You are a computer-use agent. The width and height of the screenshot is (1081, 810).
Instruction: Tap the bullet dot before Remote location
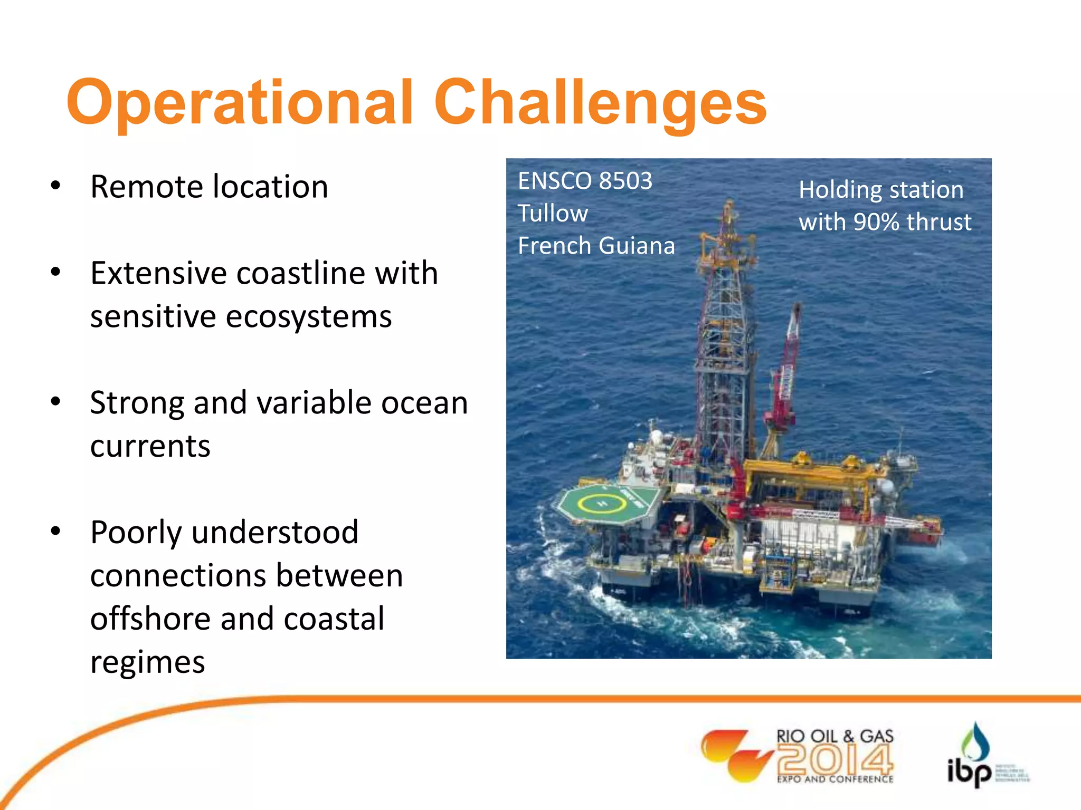[55, 186]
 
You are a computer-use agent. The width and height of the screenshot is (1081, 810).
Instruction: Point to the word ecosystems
[308, 316]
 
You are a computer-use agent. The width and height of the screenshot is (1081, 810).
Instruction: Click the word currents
[150, 446]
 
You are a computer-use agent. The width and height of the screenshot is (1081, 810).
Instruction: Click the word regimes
[147, 662]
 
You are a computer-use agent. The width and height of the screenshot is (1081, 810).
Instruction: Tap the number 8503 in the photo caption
[625, 181]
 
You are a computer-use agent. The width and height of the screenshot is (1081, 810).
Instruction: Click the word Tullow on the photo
[553, 214]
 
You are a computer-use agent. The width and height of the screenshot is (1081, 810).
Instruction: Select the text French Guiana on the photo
[596, 246]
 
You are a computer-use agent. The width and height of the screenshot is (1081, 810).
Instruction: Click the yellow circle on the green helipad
[602, 504]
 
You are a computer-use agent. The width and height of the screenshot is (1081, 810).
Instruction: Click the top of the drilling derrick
[729, 208]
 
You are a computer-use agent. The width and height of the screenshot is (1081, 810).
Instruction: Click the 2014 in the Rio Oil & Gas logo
[835, 759]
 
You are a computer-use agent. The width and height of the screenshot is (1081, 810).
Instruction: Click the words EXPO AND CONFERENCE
[835, 779]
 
